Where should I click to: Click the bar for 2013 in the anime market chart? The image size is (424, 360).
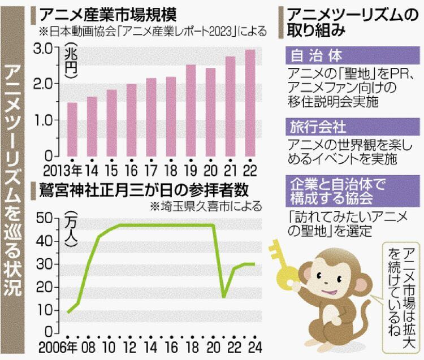click(x=72, y=129)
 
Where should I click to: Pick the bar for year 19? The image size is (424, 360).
click(x=191, y=110)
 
